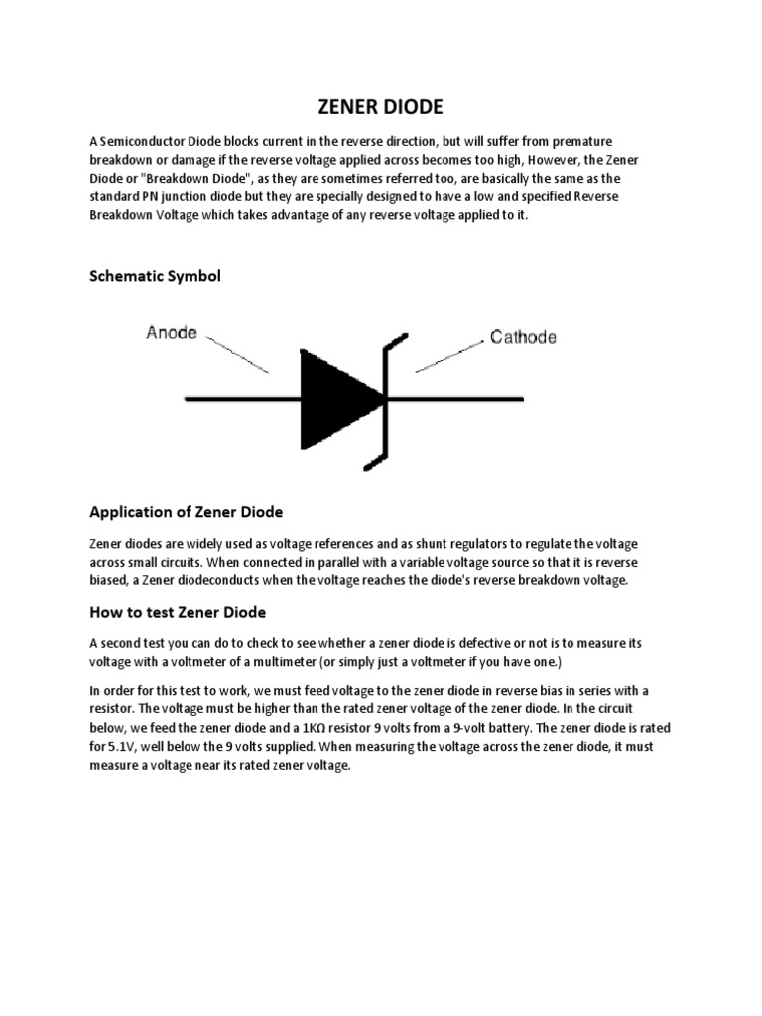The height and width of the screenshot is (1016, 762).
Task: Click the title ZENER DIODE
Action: pyautogui.click(x=380, y=107)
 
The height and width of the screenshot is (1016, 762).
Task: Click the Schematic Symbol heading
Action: pyautogui.click(x=155, y=276)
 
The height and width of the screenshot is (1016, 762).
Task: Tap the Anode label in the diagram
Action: pyautogui.click(x=173, y=333)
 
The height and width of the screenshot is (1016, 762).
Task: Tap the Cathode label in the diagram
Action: pyautogui.click(x=523, y=337)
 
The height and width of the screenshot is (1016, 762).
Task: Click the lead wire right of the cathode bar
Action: pyautogui.click(x=456, y=400)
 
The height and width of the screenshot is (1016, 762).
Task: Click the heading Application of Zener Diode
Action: pyautogui.click(x=187, y=512)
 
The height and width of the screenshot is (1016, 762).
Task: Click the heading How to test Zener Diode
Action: pyautogui.click(x=178, y=612)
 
